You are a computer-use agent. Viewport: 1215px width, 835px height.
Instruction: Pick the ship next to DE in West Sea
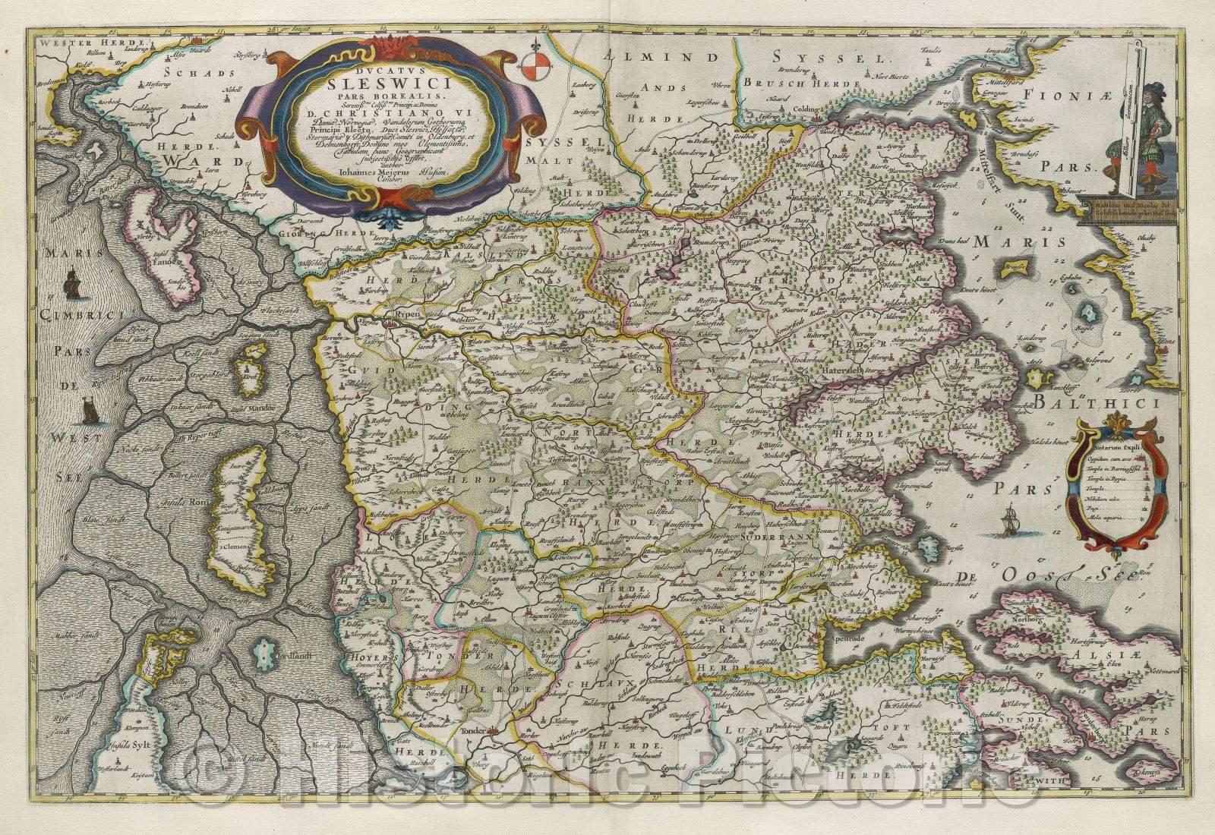point(90,411)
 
